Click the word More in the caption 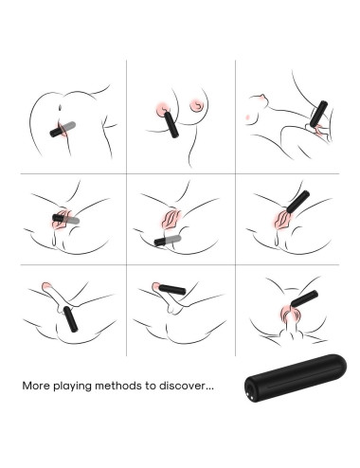tap(36, 386)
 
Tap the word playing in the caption tap(72, 387)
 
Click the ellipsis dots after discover tap(209, 388)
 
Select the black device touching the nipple tap(171, 124)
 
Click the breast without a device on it tap(197, 105)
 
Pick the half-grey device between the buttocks tap(63, 129)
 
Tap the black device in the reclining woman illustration tap(318, 114)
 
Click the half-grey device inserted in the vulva tap(65, 219)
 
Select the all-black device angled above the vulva tap(297, 201)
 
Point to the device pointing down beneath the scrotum tap(70, 319)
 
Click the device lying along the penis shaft tap(172, 290)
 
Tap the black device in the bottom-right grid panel tap(304, 298)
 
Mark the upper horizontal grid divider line tap(180, 173)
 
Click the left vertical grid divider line tap(127, 207)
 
